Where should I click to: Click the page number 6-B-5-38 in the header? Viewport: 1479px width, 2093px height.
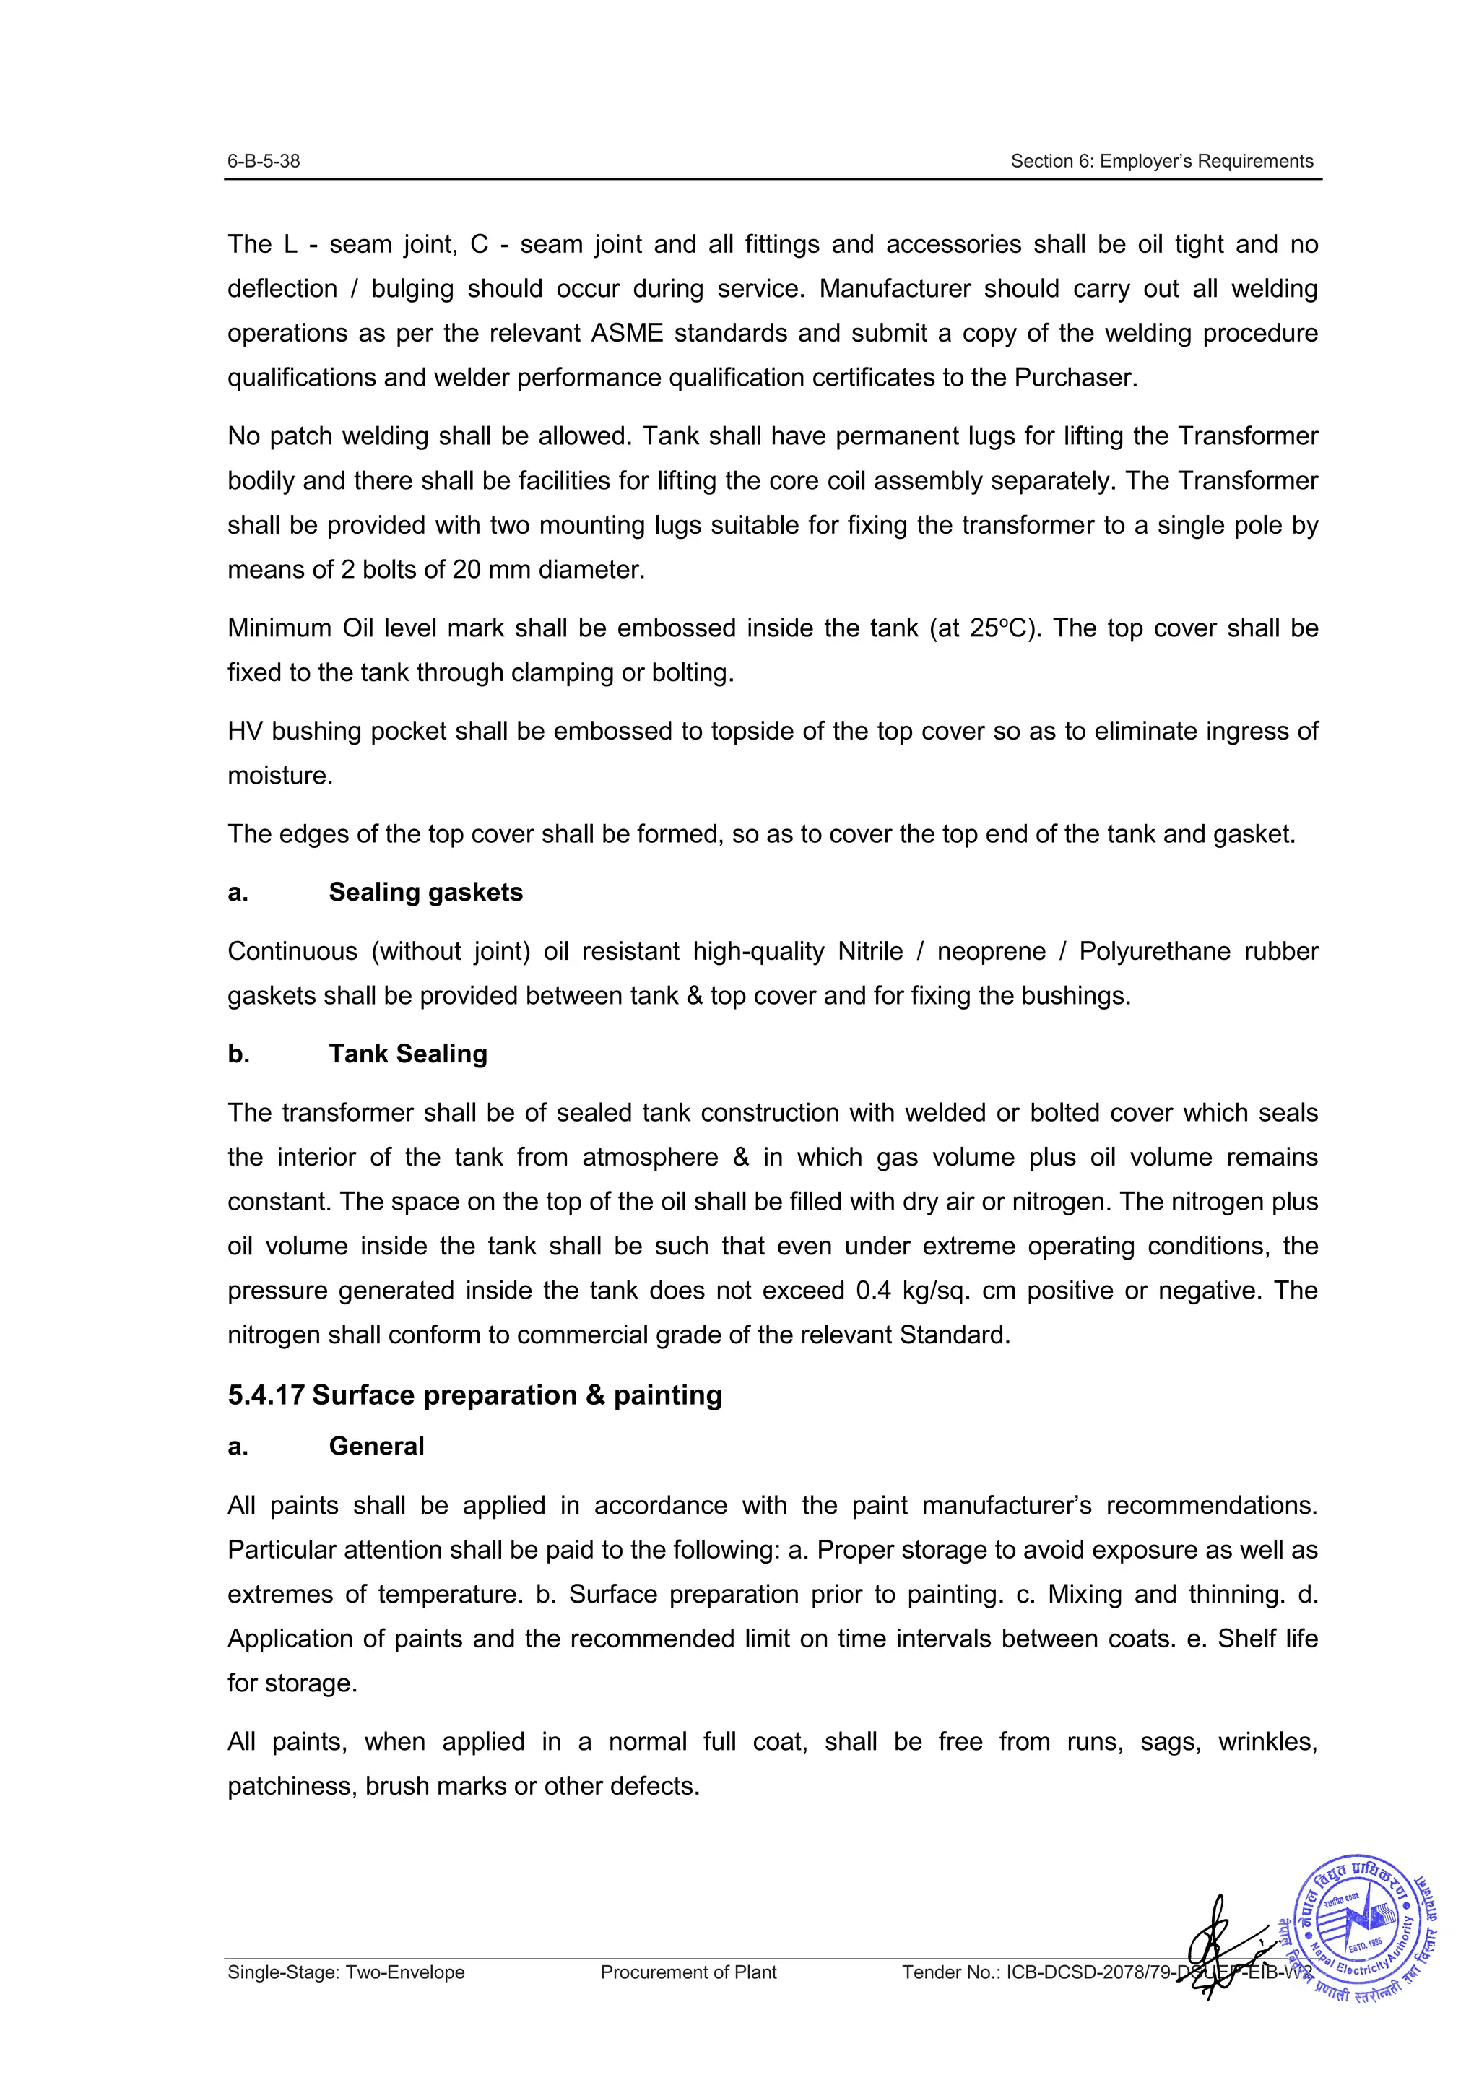coord(264,161)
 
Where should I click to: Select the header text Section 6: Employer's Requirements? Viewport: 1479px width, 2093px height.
coord(1161,161)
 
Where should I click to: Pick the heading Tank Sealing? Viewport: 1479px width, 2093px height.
coord(407,1054)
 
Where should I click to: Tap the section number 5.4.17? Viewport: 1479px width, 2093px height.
coord(265,1395)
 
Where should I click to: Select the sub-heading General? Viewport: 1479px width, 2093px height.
coord(376,1447)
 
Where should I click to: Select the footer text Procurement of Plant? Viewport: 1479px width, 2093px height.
coord(688,1972)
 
